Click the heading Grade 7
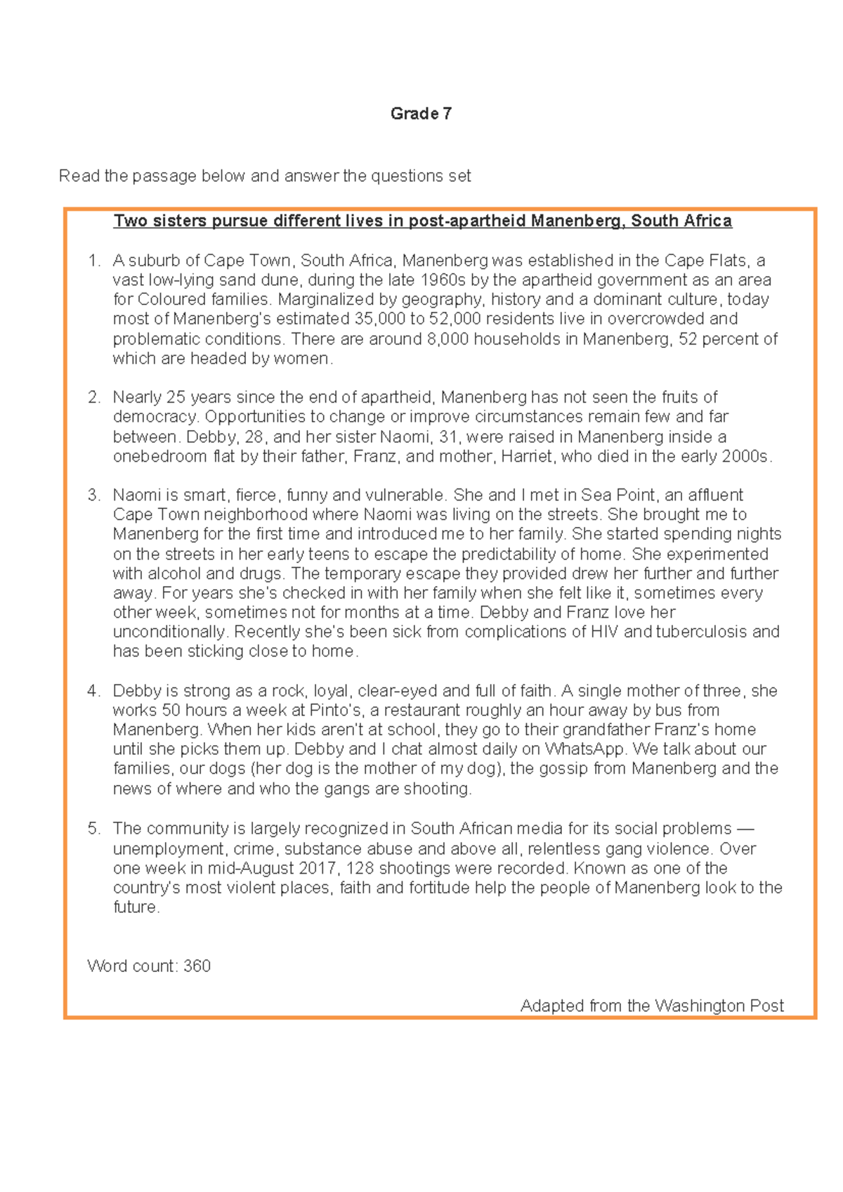click(421, 114)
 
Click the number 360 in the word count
click(197, 966)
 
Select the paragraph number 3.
click(93, 495)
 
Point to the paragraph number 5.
click(93, 829)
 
